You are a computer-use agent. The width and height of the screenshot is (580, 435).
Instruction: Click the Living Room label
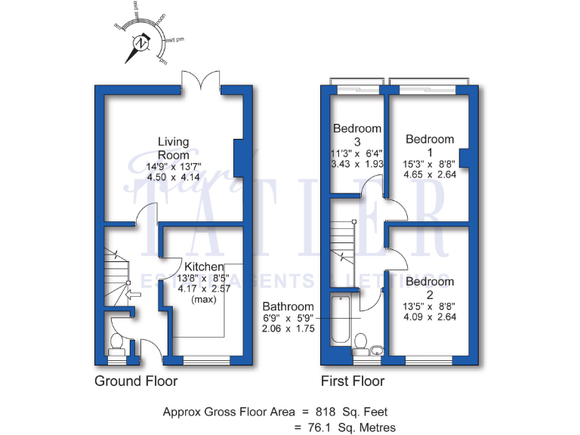pyautogui.click(x=173, y=147)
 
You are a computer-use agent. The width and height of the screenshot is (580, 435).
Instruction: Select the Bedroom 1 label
pyautogui.click(x=430, y=145)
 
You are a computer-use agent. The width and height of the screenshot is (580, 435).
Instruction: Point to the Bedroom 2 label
pyautogui.click(x=430, y=288)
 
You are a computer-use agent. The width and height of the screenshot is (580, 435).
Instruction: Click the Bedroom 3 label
pyautogui.click(x=357, y=134)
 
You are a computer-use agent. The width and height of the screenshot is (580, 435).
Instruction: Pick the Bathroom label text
pyautogui.click(x=287, y=307)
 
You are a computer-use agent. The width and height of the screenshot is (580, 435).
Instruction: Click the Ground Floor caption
pyautogui.click(x=136, y=381)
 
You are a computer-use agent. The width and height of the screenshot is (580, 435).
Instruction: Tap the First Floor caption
pyautogui.click(x=352, y=381)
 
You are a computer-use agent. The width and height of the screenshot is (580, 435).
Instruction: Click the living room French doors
pyautogui.click(x=202, y=82)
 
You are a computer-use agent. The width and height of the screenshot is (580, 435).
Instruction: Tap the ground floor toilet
pyautogui.click(x=118, y=344)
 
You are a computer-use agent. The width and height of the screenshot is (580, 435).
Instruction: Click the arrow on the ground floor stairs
pyautogui.click(x=133, y=297)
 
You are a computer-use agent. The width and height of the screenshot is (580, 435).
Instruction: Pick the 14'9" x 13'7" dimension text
pyautogui.click(x=173, y=167)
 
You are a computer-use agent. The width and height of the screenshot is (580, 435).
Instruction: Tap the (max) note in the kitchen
pyautogui.click(x=204, y=299)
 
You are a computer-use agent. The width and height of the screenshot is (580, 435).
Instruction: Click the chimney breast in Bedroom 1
pyautogui.click(x=464, y=157)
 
